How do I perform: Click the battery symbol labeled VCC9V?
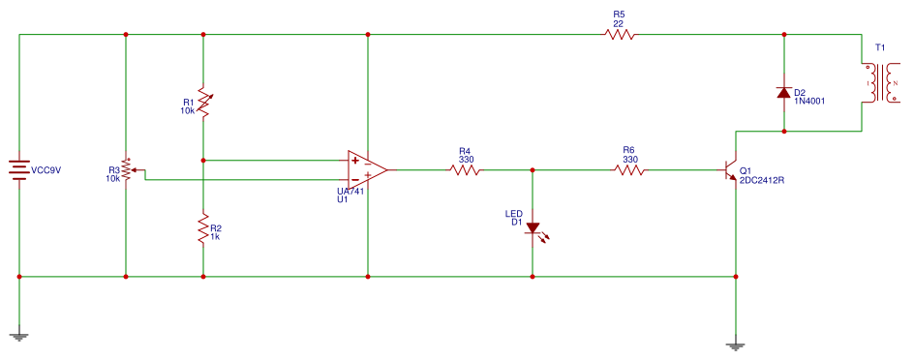click(19, 170)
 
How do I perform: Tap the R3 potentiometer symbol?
click(126, 170)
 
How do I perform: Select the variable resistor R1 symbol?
click(203, 102)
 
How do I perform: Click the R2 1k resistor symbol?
click(203, 229)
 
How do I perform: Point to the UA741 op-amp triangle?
click(367, 169)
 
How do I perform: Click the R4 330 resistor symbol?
click(465, 170)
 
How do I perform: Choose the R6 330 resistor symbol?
click(629, 170)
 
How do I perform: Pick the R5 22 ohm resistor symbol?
click(620, 34)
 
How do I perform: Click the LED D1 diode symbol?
click(533, 229)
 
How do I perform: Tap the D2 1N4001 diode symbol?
click(784, 93)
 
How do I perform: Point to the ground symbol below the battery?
click(19, 336)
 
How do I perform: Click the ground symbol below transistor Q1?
click(736, 345)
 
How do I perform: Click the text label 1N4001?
click(809, 101)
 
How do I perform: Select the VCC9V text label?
click(46, 170)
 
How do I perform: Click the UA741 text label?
click(340, 192)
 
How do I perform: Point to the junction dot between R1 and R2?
click(203, 160)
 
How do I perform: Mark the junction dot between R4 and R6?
click(533, 170)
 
